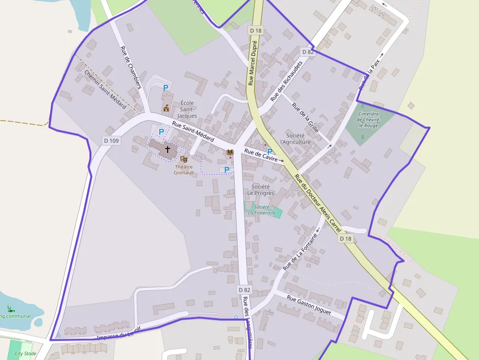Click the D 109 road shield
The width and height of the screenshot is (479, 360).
click(111, 141)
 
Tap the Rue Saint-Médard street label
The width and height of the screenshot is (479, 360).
click(193, 132)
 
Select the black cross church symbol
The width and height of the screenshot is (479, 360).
click(168, 149)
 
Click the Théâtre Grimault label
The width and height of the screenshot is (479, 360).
click(184, 169)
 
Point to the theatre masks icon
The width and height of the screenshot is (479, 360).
click(183, 159)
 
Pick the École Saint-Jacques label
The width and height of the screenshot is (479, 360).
click(187, 109)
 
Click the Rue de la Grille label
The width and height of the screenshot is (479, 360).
click(305, 118)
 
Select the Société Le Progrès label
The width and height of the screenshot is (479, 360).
click(261, 190)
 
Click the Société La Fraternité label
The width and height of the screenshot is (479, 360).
click(262, 210)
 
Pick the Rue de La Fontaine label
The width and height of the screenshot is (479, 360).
click(300, 252)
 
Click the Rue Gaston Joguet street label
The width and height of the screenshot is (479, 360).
click(309, 305)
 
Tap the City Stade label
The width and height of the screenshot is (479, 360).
click(25, 353)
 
